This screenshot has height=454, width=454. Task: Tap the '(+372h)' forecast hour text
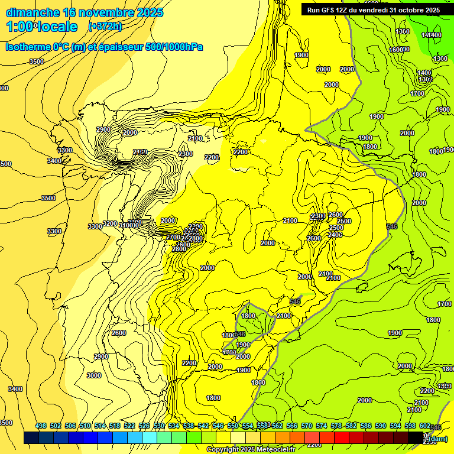(105, 26)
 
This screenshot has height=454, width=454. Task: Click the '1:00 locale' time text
(42, 27)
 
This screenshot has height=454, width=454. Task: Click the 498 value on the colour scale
(41, 426)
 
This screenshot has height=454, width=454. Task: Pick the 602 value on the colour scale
(425, 426)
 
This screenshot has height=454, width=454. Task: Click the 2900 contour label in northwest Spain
(103, 130)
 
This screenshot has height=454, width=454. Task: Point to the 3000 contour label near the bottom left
(93, 375)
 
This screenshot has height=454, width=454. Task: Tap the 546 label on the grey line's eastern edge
(391, 226)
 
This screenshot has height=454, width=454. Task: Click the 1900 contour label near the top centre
(301, 55)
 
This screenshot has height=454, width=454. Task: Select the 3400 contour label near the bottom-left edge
(15, 389)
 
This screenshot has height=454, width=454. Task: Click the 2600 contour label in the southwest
(119, 333)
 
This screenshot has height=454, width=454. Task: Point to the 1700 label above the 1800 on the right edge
(445, 304)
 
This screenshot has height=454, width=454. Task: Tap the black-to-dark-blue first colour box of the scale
(31, 437)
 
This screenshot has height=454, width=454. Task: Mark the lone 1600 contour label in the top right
(397, 50)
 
